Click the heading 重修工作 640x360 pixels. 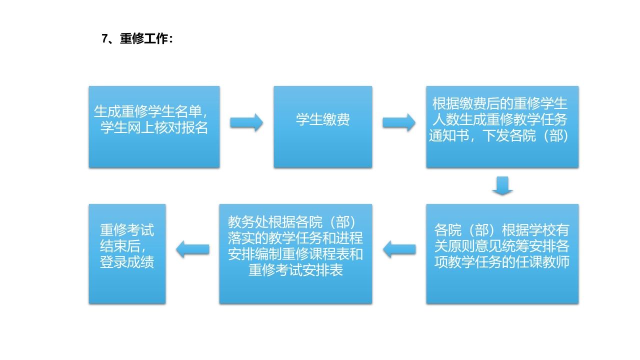(x=143, y=39)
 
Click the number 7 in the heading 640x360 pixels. (x=104, y=39)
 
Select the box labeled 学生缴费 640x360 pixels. (x=323, y=127)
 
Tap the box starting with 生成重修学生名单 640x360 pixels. (x=154, y=127)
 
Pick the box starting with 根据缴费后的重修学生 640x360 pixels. (x=502, y=127)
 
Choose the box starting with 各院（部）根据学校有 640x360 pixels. (x=502, y=253)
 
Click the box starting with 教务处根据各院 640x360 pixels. (x=295, y=253)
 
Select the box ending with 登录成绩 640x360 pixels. (x=127, y=253)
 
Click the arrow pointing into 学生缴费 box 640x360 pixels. (x=246, y=123)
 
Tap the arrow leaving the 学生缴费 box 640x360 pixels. (x=399, y=123)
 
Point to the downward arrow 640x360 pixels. (x=502, y=185)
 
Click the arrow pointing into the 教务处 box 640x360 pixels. (x=399, y=249)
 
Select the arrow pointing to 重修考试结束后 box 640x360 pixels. (x=192, y=249)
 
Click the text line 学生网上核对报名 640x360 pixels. (x=154, y=127)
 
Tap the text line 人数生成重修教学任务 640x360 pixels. (x=500, y=119)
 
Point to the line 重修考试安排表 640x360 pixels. (x=295, y=270)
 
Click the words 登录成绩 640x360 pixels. (x=127, y=262)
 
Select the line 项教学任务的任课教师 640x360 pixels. (x=502, y=262)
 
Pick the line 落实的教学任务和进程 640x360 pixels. (x=295, y=238)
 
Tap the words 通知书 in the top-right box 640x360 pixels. (x=449, y=135)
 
